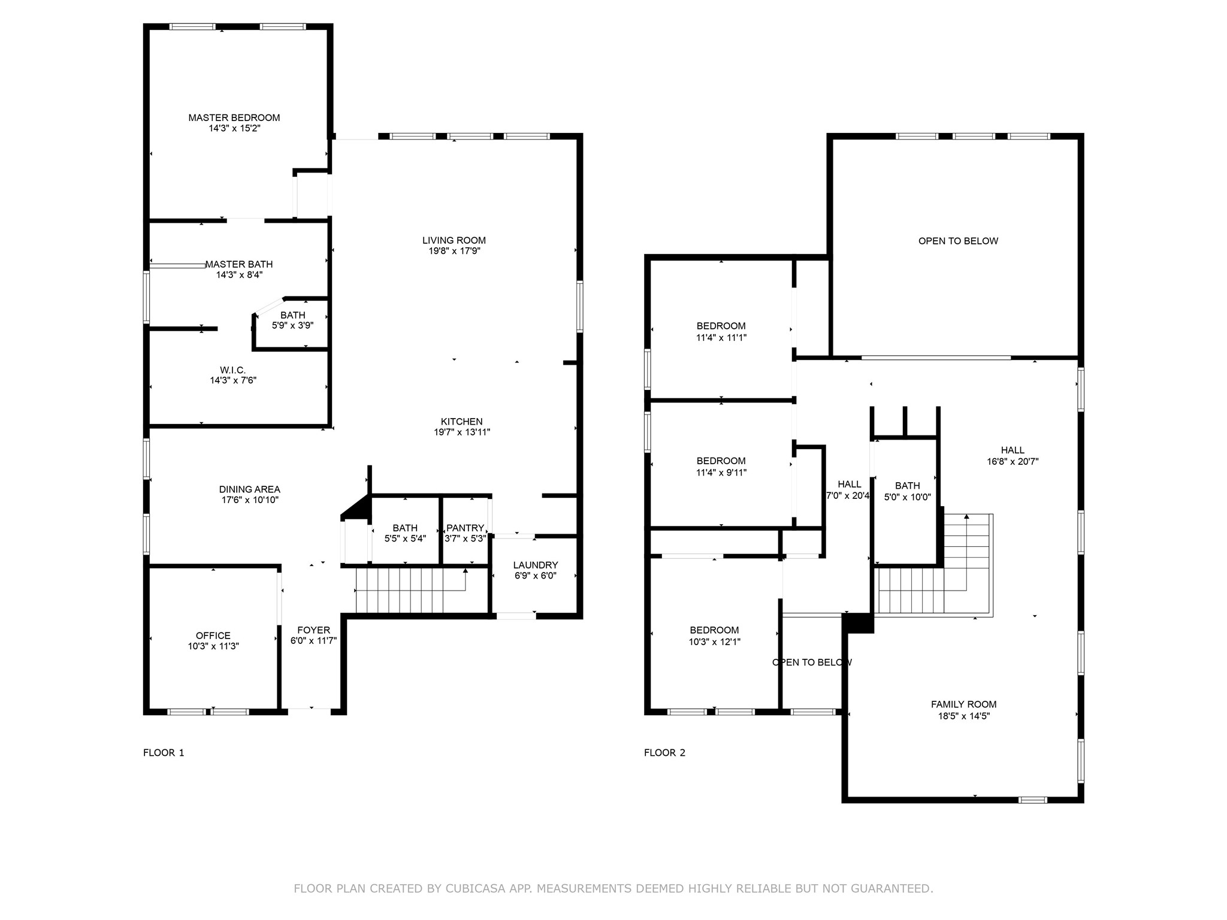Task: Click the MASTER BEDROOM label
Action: tap(234, 117)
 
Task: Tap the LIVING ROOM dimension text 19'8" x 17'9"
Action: tap(454, 252)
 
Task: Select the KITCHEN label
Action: tap(461, 422)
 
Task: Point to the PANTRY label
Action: tap(465, 528)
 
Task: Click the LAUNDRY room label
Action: tap(536, 565)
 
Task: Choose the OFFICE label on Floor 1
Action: tap(213, 635)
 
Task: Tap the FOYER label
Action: tap(313, 630)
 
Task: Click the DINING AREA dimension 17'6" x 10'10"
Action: tap(250, 500)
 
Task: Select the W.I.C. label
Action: tap(232, 370)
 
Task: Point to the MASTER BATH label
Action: tap(239, 264)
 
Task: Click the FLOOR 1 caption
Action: tap(164, 753)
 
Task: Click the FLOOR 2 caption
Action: tap(664, 753)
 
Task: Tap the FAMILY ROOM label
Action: tap(963, 704)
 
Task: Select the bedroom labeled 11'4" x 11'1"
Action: tap(721, 331)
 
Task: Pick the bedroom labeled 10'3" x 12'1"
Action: tap(714, 635)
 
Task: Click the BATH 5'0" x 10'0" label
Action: tap(907, 491)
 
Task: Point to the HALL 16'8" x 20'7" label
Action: tap(1013, 456)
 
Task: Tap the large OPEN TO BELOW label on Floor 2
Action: tap(958, 241)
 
